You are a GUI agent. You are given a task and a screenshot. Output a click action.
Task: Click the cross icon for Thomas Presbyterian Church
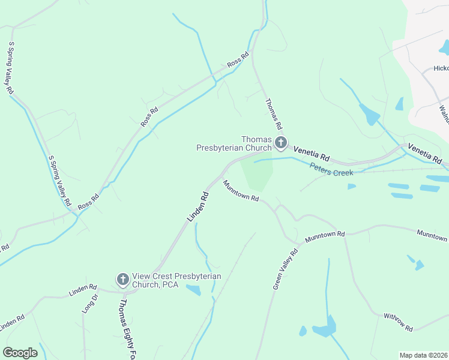281,143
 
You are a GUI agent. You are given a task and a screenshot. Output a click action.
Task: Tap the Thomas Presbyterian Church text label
234,144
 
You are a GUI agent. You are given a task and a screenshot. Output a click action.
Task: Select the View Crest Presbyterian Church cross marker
122,279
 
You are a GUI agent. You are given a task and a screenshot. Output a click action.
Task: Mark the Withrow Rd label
399,321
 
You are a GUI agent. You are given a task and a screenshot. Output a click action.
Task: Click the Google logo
20,353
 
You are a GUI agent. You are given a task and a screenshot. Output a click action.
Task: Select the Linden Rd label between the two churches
197,206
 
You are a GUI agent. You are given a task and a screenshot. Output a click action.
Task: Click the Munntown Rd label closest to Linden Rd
240,191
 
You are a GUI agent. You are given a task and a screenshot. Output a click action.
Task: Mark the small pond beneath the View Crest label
193,291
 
